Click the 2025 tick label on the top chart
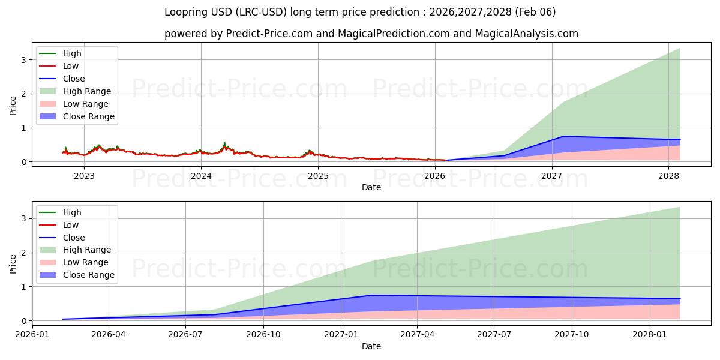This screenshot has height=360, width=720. point(318,176)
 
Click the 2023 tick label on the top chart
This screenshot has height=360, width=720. point(84,176)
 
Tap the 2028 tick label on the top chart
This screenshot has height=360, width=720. point(668,176)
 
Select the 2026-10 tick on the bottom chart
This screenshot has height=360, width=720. point(263,335)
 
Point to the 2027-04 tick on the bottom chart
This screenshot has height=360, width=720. point(418,335)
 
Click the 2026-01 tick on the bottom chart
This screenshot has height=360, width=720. point(32,335)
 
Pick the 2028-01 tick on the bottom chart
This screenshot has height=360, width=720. point(650,335)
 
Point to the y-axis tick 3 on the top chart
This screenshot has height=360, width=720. point(23,59)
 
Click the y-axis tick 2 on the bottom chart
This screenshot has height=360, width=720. point(23,253)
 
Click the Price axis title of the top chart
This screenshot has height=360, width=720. point(13,105)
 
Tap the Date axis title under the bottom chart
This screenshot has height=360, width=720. point(371,346)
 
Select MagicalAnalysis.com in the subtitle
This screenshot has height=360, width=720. point(526,34)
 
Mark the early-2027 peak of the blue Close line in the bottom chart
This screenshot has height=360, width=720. point(372,295)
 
